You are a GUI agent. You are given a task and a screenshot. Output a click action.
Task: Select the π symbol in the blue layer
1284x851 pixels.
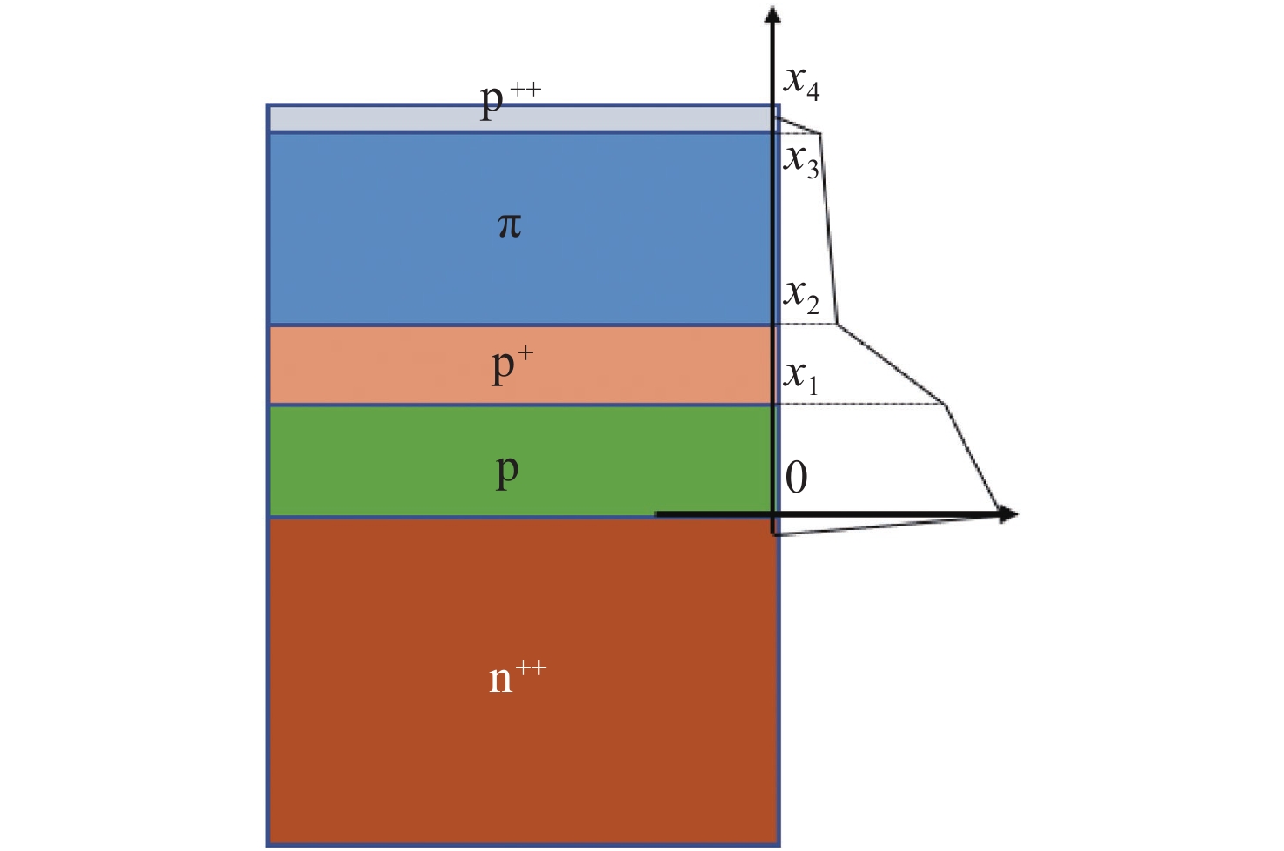[510, 225]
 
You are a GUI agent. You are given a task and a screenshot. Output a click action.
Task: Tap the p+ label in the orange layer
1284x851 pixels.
[512, 367]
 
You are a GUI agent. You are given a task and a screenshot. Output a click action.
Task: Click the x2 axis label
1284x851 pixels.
[801, 298]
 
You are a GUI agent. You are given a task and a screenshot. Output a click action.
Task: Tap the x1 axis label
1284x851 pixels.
[800, 379]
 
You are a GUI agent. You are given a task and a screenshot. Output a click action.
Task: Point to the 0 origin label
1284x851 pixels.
[796, 478]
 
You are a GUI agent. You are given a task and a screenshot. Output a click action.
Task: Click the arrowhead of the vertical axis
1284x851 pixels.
[772, 14]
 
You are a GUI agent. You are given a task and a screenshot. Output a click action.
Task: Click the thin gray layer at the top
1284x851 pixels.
[520, 118]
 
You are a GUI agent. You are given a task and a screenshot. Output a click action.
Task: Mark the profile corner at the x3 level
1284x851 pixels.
[819, 134]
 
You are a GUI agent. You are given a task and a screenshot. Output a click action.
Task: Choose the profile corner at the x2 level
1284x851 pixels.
[838, 324]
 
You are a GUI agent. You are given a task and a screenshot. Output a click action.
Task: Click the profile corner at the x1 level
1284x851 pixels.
[946, 405]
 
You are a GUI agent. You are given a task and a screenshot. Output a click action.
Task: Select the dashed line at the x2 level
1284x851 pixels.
[806, 324]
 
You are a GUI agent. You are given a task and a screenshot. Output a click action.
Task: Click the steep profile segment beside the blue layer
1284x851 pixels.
[828, 229]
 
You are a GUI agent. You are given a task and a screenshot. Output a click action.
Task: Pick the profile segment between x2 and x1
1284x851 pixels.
[892, 364]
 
